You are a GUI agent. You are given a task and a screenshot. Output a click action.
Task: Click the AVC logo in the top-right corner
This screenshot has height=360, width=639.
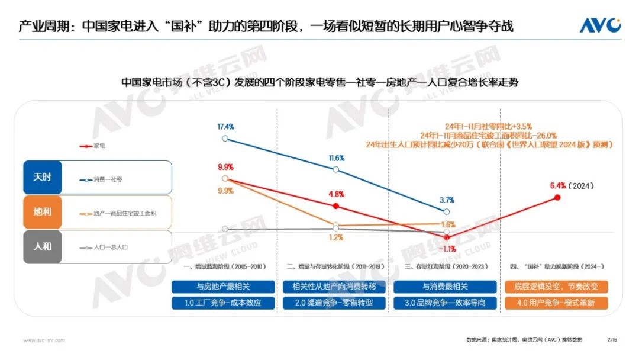point(600,25)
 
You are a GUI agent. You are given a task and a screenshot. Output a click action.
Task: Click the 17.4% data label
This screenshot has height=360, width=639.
point(225,127)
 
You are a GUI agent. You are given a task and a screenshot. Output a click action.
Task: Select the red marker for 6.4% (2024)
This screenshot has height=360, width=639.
point(557,197)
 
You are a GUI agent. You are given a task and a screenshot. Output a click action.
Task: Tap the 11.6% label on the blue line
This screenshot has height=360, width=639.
point(336,159)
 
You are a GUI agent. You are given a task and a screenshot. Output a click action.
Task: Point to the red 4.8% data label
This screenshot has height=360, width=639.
point(336,194)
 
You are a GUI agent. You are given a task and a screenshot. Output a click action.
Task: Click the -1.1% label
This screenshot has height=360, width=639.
point(447,249)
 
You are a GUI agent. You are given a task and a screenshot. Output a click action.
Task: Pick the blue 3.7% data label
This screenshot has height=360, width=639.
point(447,200)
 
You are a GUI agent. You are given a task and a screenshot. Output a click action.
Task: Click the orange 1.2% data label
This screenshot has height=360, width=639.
point(336,237)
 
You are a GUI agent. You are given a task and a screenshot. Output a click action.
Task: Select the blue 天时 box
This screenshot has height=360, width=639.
point(43,177)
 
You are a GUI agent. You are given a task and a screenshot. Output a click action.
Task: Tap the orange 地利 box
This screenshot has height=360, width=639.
point(43,211)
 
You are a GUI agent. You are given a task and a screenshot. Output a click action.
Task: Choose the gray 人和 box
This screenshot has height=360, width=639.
point(43,246)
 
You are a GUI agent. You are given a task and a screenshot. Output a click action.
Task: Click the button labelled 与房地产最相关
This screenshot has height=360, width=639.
point(224,287)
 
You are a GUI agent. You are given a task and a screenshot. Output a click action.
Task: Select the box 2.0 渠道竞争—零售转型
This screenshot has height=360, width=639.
point(334,303)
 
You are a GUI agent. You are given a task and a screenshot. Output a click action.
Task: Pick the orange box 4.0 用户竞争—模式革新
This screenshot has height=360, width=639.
point(556,303)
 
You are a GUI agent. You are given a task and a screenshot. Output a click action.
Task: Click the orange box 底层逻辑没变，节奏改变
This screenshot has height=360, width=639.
point(556,287)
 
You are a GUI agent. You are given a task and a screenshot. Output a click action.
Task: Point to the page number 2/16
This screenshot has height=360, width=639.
point(612,340)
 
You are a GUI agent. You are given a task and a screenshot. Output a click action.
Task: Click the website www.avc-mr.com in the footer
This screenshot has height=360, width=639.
point(44,340)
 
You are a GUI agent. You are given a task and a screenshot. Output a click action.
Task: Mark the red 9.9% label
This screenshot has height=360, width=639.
point(225,167)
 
